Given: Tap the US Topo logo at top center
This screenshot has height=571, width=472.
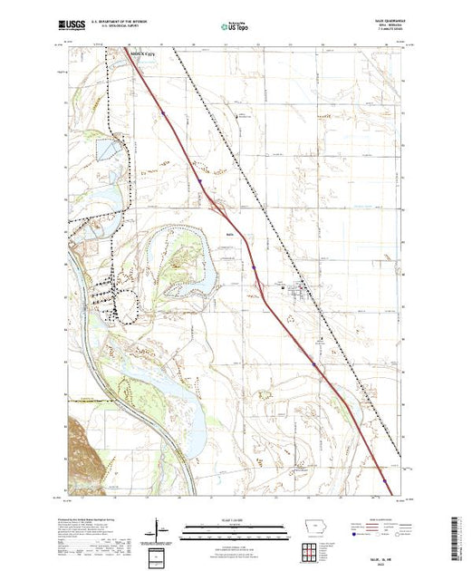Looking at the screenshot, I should [x=235, y=26].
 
